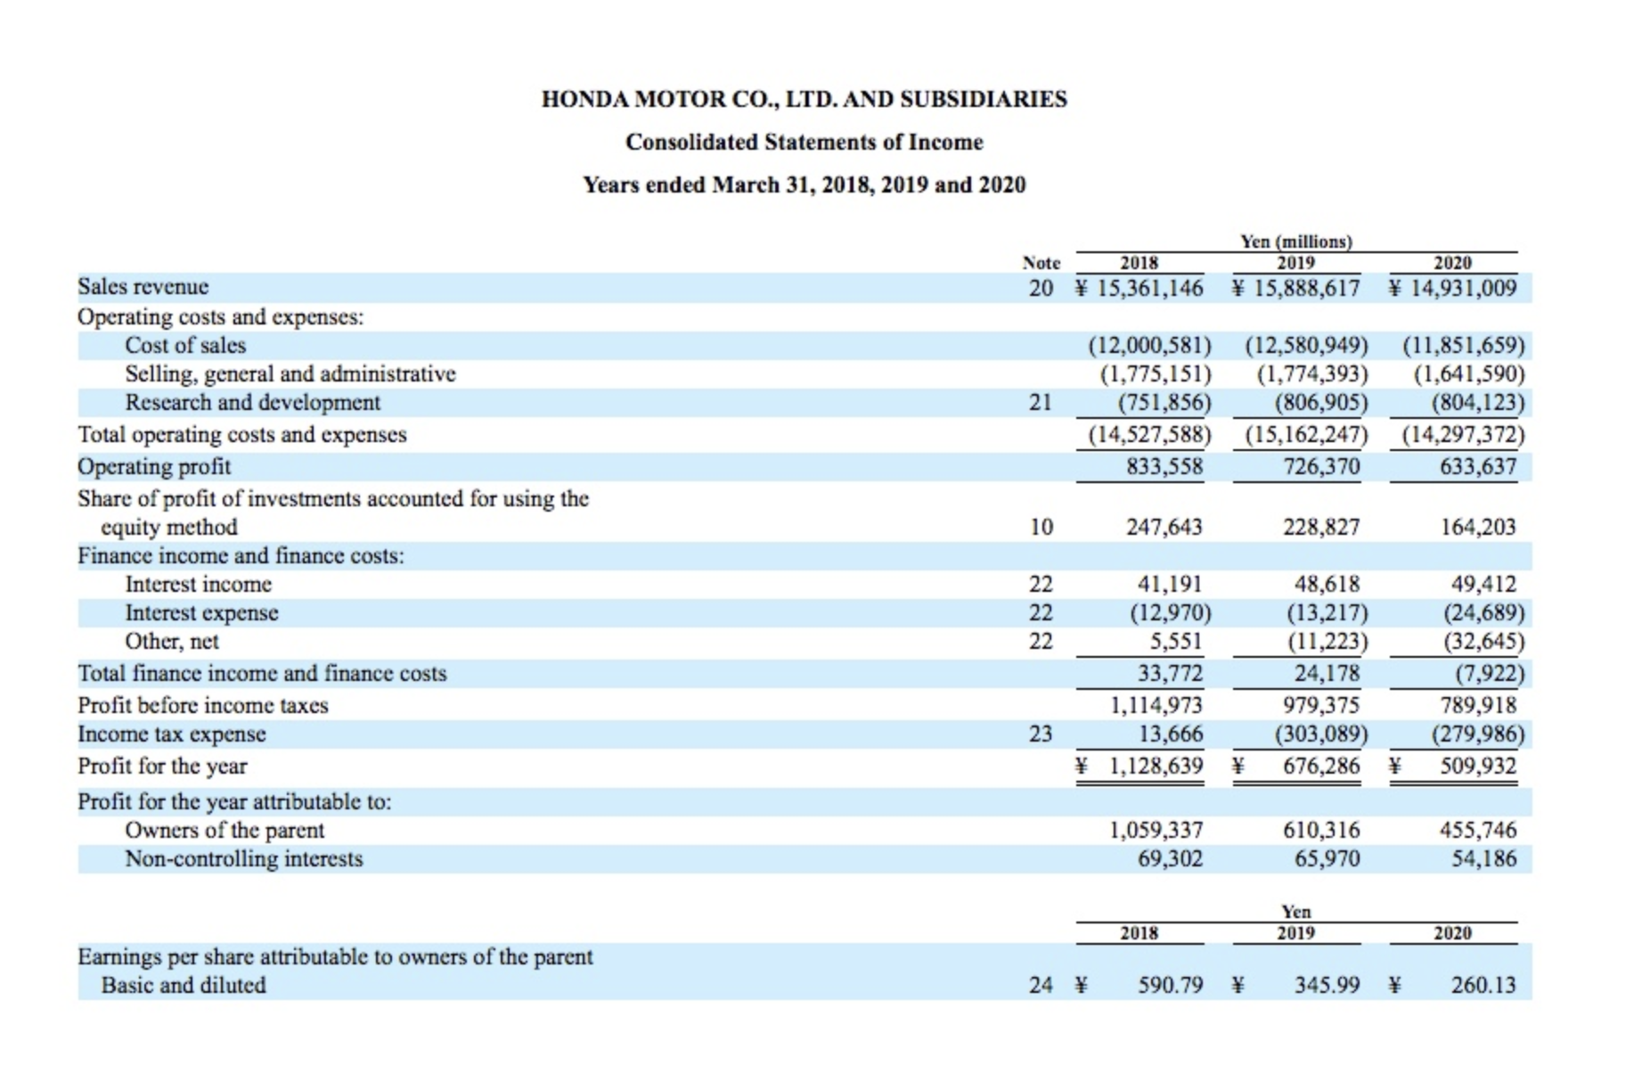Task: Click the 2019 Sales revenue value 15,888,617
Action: point(1306,288)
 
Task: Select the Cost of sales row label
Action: point(185,345)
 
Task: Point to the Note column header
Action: point(1041,263)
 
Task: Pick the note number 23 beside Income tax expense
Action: point(1041,734)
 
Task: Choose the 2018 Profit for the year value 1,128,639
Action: point(1156,766)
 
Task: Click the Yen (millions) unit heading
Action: point(1295,242)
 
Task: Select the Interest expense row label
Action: point(201,612)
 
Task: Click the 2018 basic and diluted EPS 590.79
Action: point(1170,985)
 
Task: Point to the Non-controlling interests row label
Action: point(243,858)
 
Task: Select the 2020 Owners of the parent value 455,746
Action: point(1477,830)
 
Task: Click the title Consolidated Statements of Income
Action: point(804,142)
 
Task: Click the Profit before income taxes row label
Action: point(203,705)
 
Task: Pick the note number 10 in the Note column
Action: point(1041,527)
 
